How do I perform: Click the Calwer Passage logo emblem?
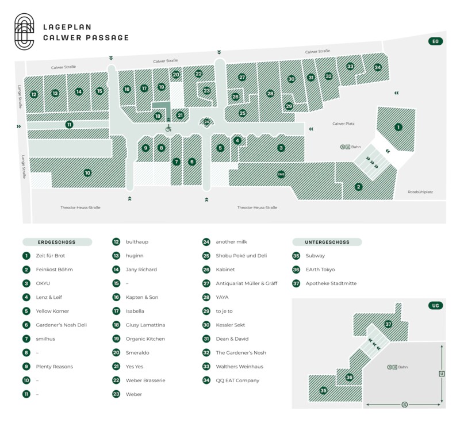point(24,32)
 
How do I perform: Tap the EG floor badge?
point(435,41)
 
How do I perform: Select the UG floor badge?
point(435,305)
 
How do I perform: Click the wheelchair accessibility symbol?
point(168,128)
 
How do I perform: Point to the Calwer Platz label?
point(343,124)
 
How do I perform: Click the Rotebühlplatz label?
point(420,192)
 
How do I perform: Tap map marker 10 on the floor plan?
point(87,172)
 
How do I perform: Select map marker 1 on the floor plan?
point(398,127)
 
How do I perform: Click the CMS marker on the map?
point(281,174)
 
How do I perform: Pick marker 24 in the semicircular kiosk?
point(207,122)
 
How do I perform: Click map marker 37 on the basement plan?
point(388,324)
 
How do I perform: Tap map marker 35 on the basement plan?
point(323,390)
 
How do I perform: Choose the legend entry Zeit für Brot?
point(51,256)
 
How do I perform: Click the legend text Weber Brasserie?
point(145,380)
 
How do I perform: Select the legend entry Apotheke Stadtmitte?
point(331,283)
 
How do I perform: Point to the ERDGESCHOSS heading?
point(56,242)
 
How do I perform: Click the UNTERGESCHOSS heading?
point(327,242)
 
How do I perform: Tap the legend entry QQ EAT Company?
point(237,380)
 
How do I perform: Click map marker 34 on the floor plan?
point(378,67)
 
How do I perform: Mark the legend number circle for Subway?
point(296,256)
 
